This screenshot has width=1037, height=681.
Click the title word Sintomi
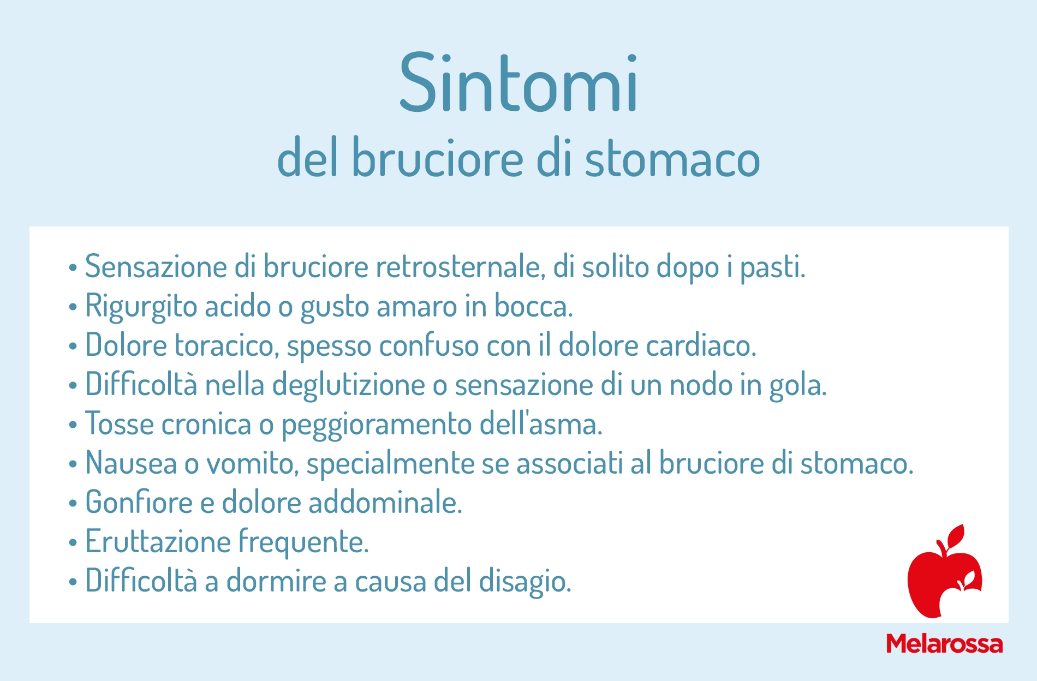(518, 83)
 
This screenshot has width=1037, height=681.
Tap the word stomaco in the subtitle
(672, 158)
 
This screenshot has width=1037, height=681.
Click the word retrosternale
(461, 267)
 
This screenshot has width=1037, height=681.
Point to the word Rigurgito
(141, 307)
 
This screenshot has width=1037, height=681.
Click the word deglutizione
(348, 385)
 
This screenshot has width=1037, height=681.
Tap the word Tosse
(120, 424)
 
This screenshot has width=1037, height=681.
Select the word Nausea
(131, 463)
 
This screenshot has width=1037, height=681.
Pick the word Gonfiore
(139, 502)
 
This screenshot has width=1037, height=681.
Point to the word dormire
(276, 581)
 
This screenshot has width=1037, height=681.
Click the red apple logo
(944, 571)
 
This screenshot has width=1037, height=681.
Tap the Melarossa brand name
(944, 644)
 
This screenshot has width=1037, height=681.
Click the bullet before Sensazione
(73, 268)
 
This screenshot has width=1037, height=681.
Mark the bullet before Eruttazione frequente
(73, 543)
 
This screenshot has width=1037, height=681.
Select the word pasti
(772, 268)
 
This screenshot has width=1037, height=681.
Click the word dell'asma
(541, 424)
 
